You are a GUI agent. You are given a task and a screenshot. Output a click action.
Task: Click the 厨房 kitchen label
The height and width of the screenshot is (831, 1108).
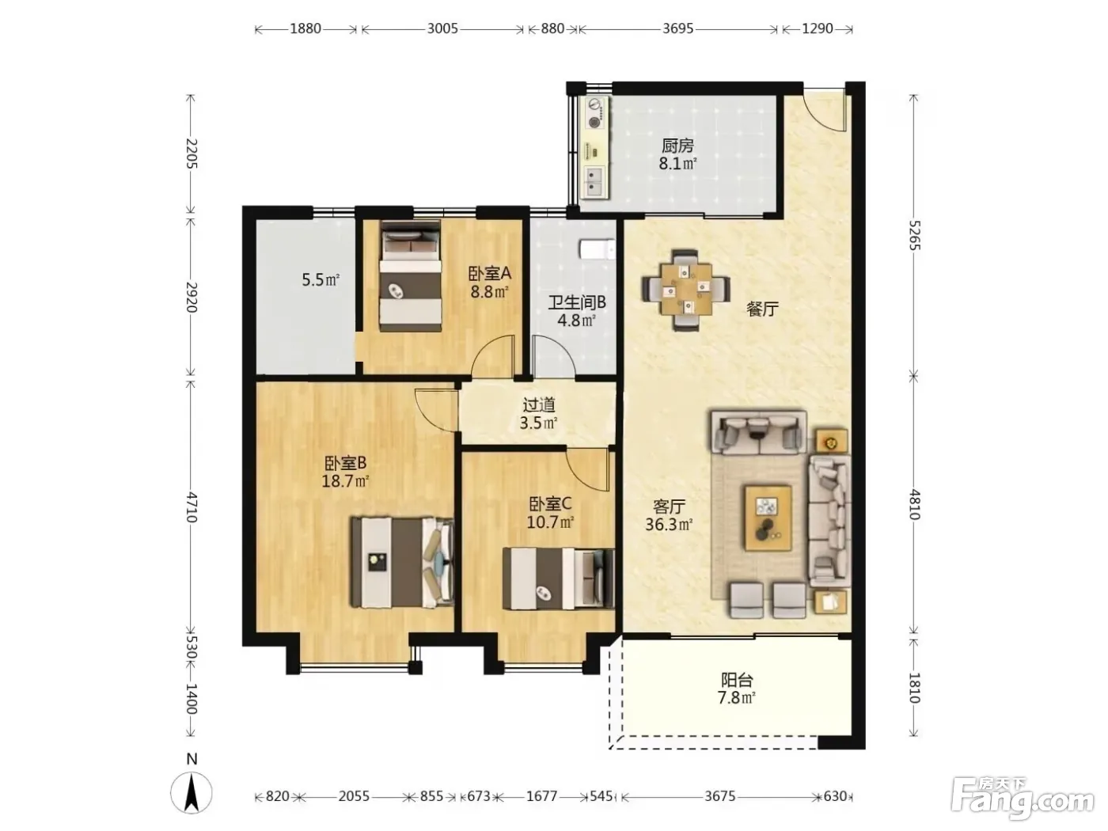[677, 146]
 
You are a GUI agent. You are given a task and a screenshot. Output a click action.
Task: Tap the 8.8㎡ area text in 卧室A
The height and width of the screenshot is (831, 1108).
[489, 291]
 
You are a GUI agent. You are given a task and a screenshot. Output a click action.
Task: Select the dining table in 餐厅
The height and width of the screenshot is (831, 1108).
[686, 289]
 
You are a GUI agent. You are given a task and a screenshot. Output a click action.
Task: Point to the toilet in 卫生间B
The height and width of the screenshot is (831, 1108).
[598, 249]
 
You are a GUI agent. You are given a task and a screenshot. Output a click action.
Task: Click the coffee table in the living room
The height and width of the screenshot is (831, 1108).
[768, 517]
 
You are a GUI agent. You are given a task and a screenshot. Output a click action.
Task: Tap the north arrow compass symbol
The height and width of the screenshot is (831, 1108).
[192, 793]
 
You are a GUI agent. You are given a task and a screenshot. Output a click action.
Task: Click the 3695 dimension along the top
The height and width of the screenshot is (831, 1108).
[677, 28]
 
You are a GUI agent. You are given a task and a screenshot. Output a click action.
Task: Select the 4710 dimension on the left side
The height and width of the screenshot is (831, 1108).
[192, 507]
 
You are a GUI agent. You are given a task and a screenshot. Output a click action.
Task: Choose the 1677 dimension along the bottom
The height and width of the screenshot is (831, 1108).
[541, 796]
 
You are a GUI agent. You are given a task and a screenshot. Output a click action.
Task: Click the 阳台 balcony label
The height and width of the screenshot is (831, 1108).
[737, 680]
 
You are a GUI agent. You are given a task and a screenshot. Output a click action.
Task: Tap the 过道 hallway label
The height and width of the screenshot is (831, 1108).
[539, 404]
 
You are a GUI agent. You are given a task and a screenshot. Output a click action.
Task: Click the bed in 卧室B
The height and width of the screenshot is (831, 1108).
[402, 562]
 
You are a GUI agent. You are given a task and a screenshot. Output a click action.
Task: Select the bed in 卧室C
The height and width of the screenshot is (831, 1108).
[558, 579]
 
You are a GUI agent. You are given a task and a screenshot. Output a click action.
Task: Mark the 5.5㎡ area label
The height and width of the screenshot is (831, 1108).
[321, 279]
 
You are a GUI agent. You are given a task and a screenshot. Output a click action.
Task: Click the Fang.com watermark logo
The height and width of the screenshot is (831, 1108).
[1022, 801]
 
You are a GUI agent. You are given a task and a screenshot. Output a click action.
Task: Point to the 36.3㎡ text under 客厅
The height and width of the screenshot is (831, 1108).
[668, 525]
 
